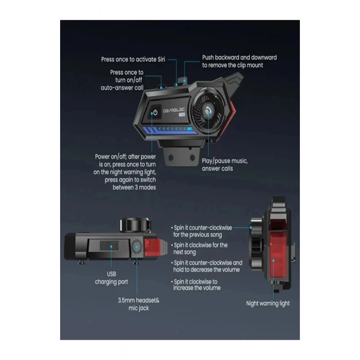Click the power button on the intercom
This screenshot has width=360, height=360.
pyautogui.click(x=155, y=112)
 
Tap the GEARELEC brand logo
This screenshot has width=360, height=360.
pyautogui.click(x=174, y=111)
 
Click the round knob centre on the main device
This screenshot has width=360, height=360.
pyautogui.click(x=208, y=111)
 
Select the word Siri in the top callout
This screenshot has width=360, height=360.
pyautogui.click(x=161, y=59)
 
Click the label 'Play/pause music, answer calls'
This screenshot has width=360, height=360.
pyautogui.click(x=225, y=165)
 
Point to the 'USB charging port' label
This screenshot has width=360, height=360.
pyautogui.click(x=111, y=278)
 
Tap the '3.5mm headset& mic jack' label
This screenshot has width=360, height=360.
pyautogui.click(x=139, y=304)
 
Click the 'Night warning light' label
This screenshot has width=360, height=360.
pyautogui.click(x=268, y=303)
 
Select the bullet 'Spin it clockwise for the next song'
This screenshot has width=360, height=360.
pyautogui.click(x=199, y=248)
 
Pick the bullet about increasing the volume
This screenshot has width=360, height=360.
pyautogui.click(x=196, y=285)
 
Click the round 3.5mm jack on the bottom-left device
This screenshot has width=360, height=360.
pyautogui.click(x=137, y=247)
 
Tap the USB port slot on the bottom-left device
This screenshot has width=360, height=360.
pyautogui.click(x=109, y=245)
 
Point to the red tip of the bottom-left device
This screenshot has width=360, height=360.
pyautogui.click(x=153, y=247)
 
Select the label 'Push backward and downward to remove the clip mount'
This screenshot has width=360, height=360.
pyautogui.click(x=239, y=61)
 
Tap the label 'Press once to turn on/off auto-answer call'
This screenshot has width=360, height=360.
pyautogui.click(x=122, y=80)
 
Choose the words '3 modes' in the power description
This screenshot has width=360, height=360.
pyautogui.click(x=145, y=187)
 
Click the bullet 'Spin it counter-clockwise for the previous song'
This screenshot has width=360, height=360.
pyautogui.click(x=202, y=231)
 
